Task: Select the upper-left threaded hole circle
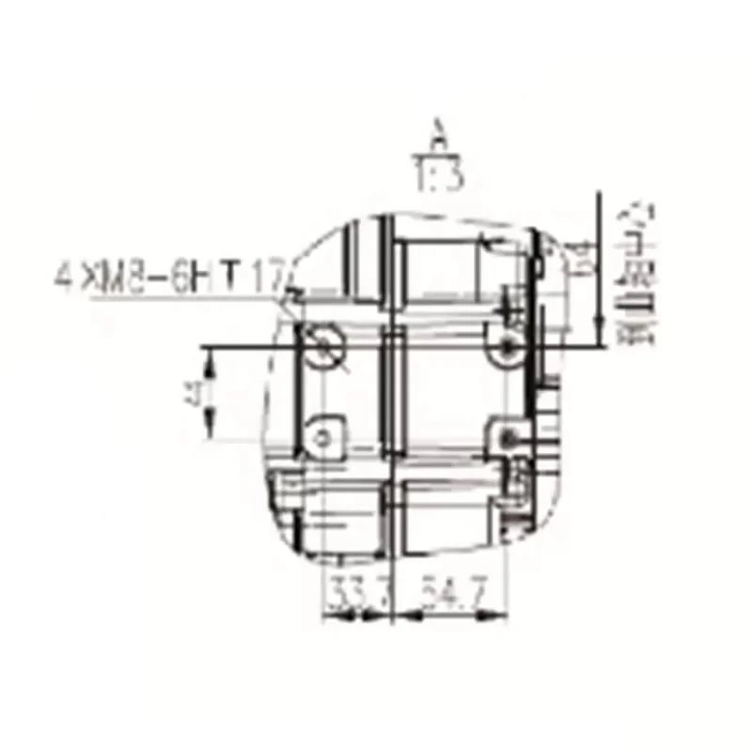coord(326,342)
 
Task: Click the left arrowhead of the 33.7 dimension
coord(329,618)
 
